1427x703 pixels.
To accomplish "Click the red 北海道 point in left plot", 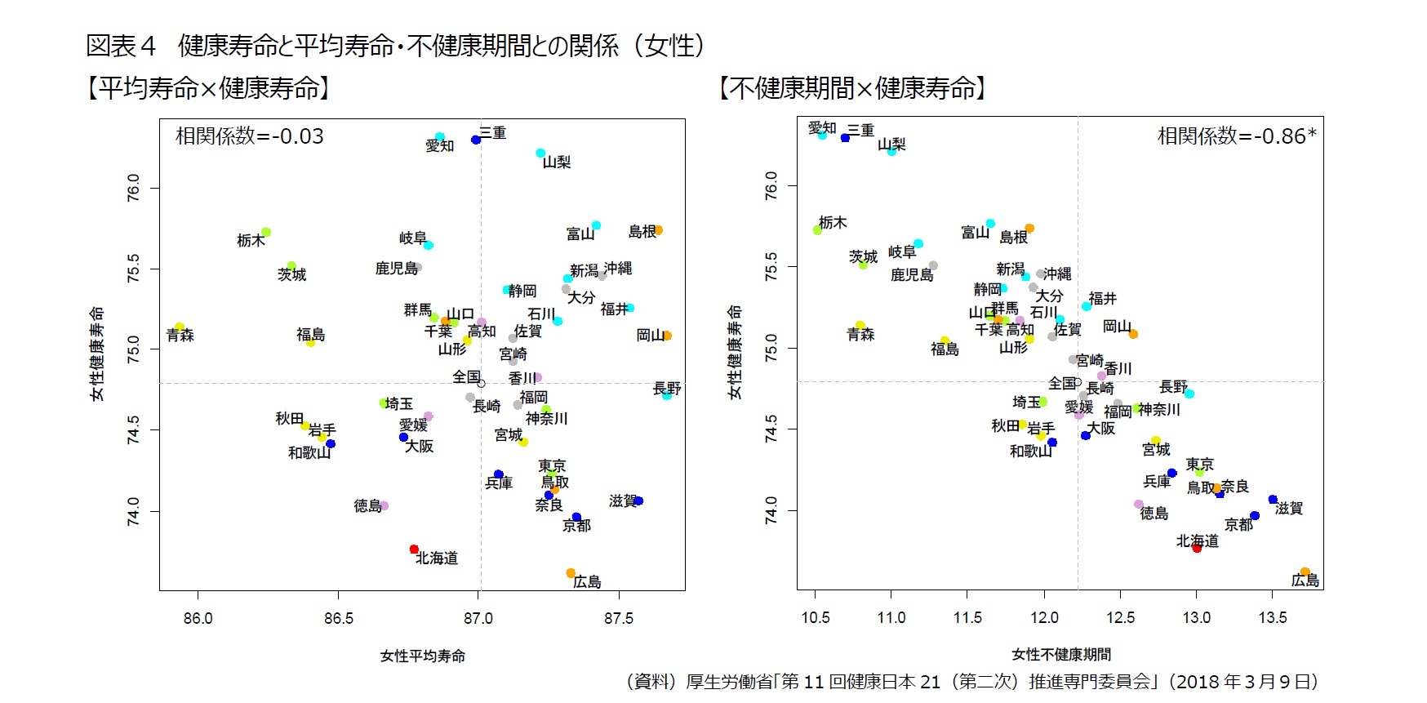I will click(x=414, y=549).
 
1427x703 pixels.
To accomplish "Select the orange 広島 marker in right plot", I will click(x=1305, y=572).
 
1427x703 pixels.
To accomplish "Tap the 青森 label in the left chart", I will click(x=180, y=336).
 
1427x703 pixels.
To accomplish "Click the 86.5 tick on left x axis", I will click(x=338, y=618).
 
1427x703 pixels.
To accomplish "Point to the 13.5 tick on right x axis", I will click(x=1272, y=618).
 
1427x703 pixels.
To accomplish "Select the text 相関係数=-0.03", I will click(x=249, y=136).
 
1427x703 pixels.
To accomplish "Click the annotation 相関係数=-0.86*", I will click(x=1236, y=136).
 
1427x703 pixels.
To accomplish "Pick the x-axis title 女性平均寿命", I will click(x=422, y=656).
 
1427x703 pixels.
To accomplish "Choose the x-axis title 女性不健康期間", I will click(x=1061, y=654).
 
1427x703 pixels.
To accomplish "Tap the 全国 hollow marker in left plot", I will click(x=481, y=383).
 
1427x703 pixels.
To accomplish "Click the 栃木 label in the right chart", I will click(x=833, y=222).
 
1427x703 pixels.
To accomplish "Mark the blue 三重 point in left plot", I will click(x=476, y=140).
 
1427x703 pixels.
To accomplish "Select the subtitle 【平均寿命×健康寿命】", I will click(x=208, y=88).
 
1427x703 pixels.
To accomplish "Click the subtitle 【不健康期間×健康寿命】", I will click(x=852, y=88).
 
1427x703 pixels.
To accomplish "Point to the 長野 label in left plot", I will click(x=667, y=388).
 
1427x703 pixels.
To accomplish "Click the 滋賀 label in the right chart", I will click(x=1289, y=508).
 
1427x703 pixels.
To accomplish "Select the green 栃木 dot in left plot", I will click(x=265, y=233).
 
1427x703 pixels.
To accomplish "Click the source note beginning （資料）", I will click(x=971, y=681).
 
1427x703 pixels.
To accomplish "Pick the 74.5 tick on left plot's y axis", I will click(x=133, y=430).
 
